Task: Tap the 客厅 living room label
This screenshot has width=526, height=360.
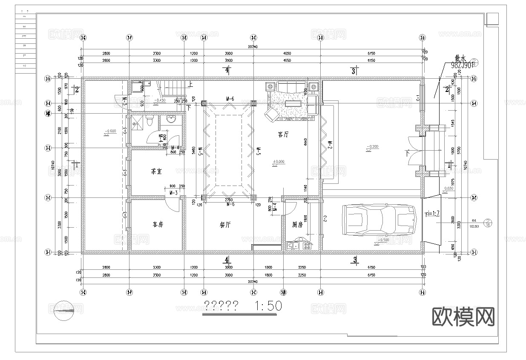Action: coord(284,134)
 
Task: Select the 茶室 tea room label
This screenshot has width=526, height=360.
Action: coord(156,171)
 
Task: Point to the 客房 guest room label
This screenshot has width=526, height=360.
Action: coord(158,224)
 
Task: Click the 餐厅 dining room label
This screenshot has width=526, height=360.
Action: coord(225,225)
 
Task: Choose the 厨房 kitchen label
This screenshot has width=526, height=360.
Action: coord(297,225)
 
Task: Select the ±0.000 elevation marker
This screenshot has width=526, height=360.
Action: coord(279,162)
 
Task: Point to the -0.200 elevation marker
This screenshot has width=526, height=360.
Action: coord(372,147)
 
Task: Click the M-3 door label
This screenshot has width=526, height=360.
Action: coord(173,193)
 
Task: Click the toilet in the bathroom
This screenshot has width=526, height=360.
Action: coord(149,122)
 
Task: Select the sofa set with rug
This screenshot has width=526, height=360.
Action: coord(291,102)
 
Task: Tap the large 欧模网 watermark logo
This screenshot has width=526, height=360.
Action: coord(463,317)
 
